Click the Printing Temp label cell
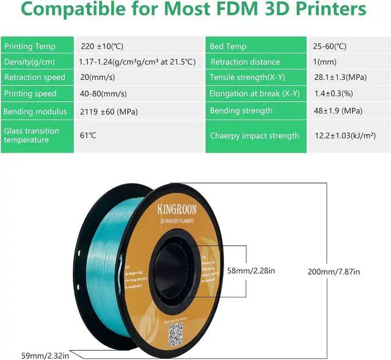click(x=30, y=46)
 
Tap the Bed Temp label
click(x=228, y=46)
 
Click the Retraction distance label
click(x=244, y=62)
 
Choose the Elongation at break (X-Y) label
click(x=255, y=93)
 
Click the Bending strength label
click(x=241, y=110)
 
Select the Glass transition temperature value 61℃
click(x=89, y=135)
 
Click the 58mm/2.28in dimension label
click(x=250, y=270)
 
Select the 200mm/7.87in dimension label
click(x=334, y=272)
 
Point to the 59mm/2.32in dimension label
click(x=28, y=354)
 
